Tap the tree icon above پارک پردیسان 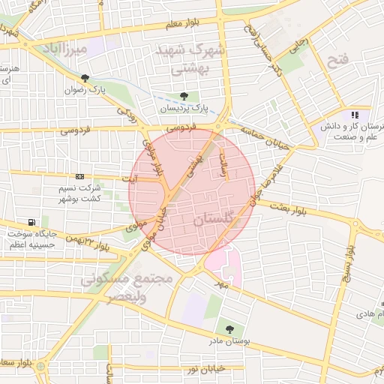pyautogui.click(x=184, y=96)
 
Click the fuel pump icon pyautogui.click(x=31, y=222)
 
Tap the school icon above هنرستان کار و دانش pyautogui.click(x=354, y=115)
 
